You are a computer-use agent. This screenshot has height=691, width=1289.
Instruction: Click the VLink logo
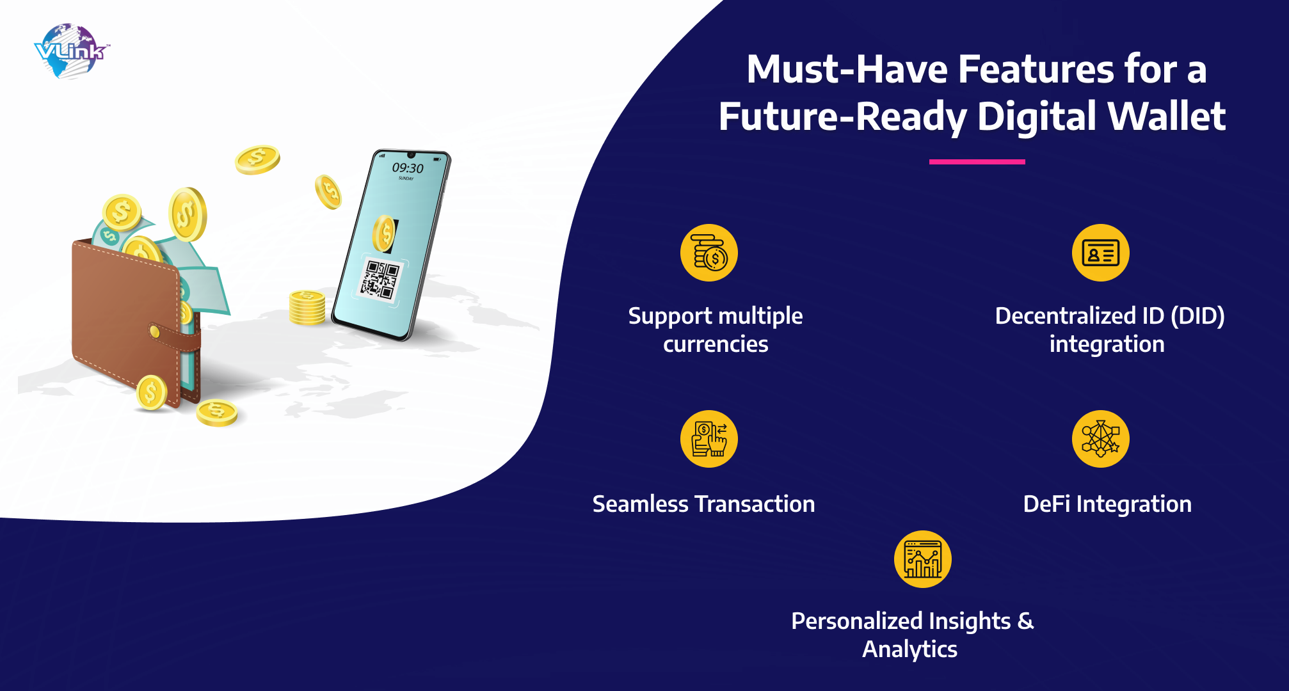(x=71, y=51)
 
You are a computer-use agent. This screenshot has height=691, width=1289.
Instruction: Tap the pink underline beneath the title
(x=977, y=162)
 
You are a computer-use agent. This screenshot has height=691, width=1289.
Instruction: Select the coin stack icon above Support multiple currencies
(x=709, y=253)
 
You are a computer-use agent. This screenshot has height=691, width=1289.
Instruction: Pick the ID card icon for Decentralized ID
(x=1101, y=253)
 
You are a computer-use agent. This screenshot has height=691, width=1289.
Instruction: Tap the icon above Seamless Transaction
(x=709, y=439)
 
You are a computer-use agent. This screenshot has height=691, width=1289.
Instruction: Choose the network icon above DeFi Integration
(x=1101, y=439)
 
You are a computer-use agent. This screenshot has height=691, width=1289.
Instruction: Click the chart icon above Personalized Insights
(x=923, y=559)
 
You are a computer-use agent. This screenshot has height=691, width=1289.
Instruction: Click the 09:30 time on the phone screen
(x=408, y=168)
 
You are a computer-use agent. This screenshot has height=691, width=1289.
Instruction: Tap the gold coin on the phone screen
(x=384, y=234)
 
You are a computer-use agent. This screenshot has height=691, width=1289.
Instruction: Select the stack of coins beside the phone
(x=307, y=307)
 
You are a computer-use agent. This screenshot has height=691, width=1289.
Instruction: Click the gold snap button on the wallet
(x=154, y=331)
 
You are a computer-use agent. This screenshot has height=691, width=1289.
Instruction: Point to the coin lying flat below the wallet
(x=217, y=413)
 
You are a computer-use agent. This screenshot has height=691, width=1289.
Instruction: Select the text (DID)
(x=1197, y=316)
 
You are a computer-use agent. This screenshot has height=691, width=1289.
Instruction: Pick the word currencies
(x=716, y=345)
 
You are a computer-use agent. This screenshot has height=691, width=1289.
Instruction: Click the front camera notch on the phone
(x=412, y=155)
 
